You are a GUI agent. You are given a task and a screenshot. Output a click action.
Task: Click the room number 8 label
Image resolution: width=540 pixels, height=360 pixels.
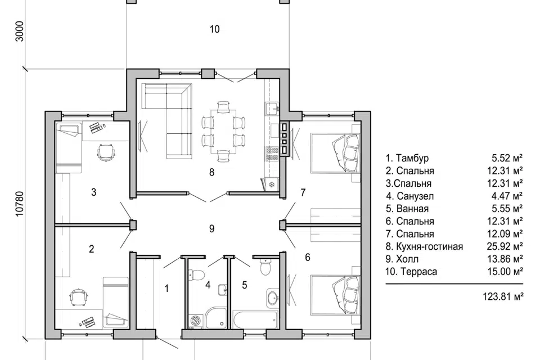[x=211, y=172]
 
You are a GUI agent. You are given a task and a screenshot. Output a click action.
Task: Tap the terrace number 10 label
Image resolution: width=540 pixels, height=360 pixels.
[x=214, y=29]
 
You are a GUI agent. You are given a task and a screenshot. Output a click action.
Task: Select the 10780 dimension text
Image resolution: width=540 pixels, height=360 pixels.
[x=20, y=204]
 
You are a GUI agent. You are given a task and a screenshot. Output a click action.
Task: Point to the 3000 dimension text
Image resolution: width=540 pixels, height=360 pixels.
[x=20, y=31]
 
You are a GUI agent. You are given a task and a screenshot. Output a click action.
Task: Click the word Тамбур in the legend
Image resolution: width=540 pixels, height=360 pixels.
[x=412, y=158]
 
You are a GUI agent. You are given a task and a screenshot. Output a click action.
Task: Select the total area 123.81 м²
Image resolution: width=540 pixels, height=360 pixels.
[x=503, y=296]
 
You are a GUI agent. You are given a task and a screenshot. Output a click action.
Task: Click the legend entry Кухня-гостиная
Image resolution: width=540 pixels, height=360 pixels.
[x=429, y=247]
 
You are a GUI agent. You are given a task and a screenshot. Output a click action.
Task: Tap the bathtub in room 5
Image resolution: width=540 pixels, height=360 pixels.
[x=255, y=321]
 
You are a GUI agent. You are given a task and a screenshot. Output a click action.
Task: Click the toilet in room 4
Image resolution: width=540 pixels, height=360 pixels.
[x=197, y=274]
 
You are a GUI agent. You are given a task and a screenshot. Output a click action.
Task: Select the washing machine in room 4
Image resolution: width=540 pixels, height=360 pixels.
[x=196, y=321]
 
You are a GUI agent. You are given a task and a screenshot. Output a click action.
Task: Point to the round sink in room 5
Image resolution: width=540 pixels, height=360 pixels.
[x=273, y=296]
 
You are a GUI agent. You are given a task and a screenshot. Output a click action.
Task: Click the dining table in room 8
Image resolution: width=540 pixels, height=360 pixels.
[x=223, y=131]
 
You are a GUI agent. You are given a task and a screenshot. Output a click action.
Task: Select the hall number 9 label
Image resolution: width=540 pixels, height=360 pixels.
[x=212, y=228]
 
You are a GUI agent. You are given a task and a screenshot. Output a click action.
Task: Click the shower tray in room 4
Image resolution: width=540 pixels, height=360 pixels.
[x=216, y=318]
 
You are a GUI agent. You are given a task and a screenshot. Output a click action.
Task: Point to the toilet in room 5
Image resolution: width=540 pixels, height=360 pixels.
[x=265, y=266]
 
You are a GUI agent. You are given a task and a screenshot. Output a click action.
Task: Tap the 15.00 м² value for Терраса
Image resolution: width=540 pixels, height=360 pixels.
[x=505, y=272]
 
